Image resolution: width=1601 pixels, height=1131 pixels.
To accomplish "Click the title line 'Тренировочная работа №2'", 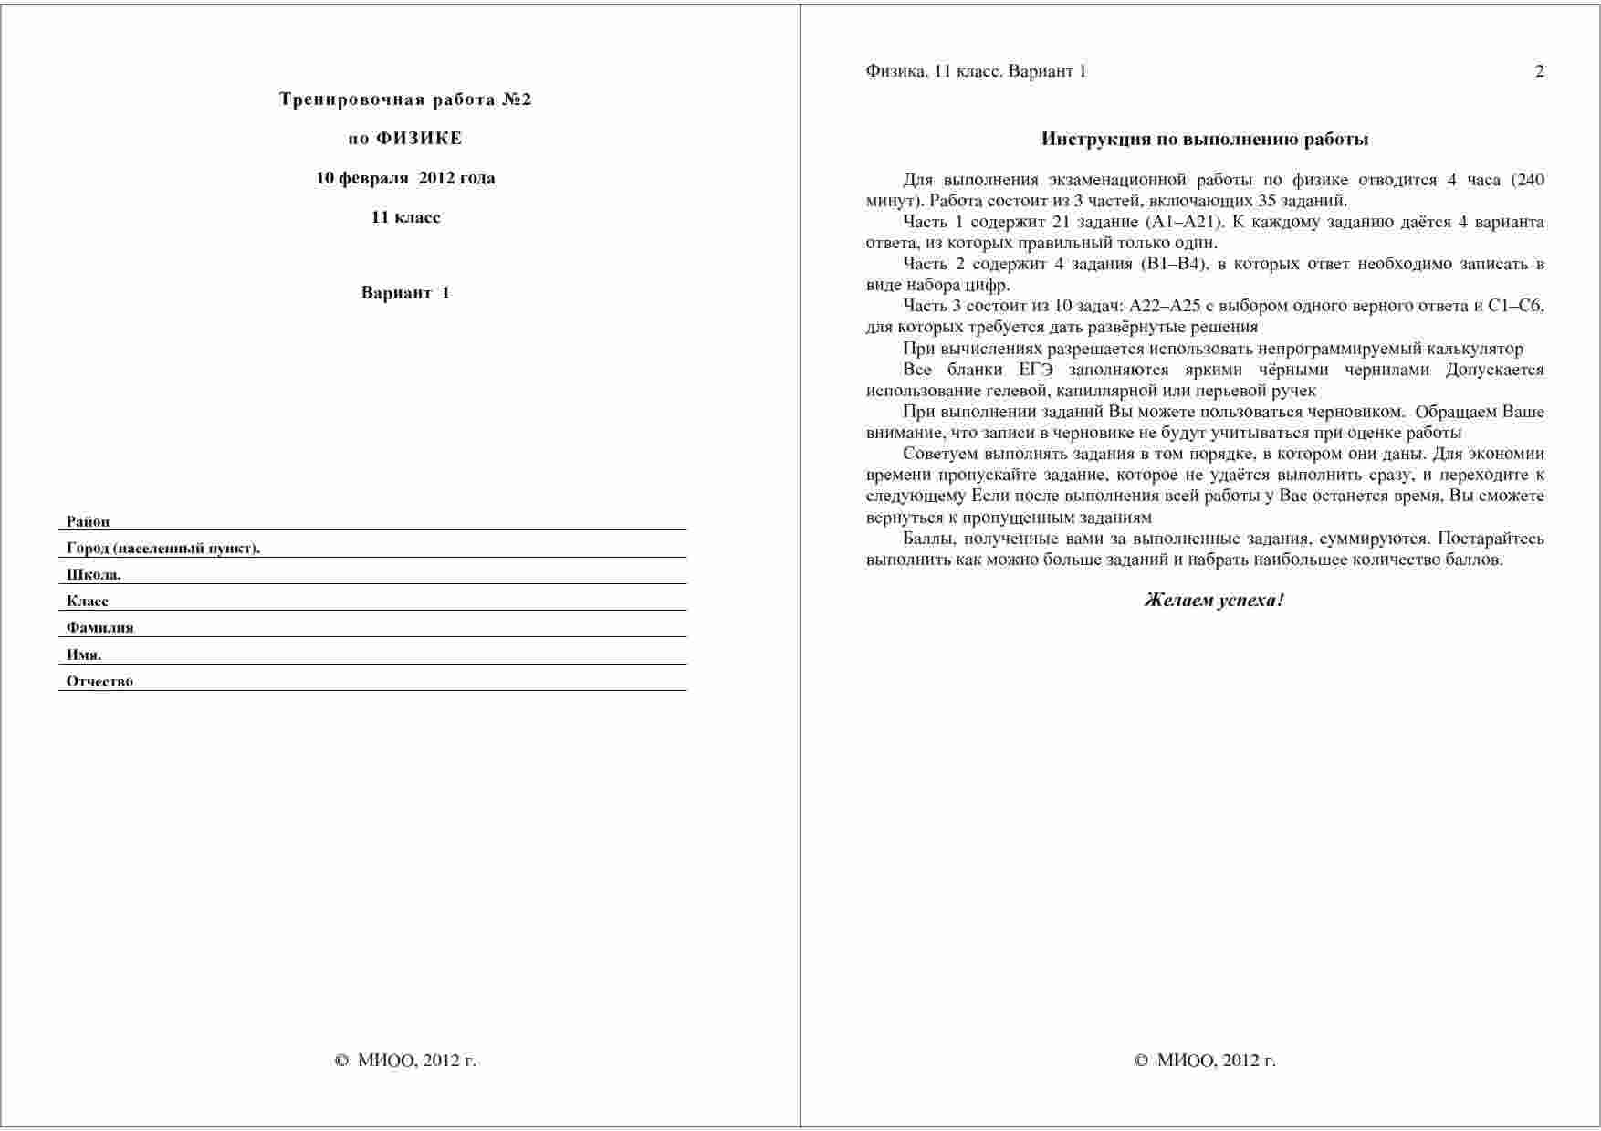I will (x=405, y=99).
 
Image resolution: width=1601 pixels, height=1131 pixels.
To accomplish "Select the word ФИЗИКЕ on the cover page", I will (x=419, y=139).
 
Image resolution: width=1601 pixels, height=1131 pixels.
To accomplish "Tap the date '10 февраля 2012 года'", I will (x=405, y=178).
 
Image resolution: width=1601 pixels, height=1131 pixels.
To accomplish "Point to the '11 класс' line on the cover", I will (x=405, y=217).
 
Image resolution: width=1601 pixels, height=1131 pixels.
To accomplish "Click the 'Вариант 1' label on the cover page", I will (x=405, y=293).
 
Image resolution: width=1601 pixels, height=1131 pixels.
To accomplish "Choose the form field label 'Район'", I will (x=88, y=522).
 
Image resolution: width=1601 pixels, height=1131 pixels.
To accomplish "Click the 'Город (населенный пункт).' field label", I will (x=163, y=549).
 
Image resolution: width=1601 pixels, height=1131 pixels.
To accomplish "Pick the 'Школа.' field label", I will (x=93, y=575).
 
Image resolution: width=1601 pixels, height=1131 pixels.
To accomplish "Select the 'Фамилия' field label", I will (x=99, y=628).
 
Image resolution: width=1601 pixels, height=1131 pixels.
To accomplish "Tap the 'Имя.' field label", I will (x=84, y=655).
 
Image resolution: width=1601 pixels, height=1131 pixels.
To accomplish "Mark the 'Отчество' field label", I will (x=99, y=681).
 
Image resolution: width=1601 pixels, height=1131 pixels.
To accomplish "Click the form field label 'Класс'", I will (x=88, y=602).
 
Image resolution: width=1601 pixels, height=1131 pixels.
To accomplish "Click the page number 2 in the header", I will (x=1540, y=71).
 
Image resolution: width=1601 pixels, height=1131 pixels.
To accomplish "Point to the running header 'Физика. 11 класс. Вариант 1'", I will (x=976, y=71).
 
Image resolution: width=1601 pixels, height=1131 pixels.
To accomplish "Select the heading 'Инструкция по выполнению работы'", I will (x=1205, y=140).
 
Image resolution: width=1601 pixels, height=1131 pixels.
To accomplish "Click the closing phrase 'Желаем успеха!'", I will (x=1214, y=601).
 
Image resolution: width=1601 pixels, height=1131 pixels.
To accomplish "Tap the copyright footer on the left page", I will (x=405, y=1061).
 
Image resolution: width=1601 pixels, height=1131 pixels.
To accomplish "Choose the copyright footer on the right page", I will (x=1205, y=1061).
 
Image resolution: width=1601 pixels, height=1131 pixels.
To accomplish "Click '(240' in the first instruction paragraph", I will (x=1527, y=180).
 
